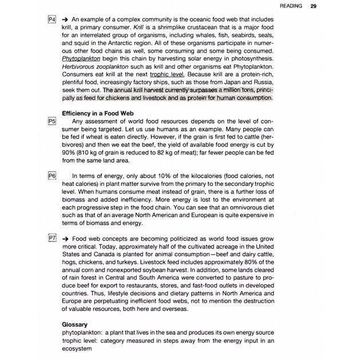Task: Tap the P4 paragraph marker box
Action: pos(52,20)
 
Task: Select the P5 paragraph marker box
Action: pos(52,122)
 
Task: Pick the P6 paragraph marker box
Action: pos(52,175)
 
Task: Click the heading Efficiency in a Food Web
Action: pos(102,113)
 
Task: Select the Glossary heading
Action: pos(74,323)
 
